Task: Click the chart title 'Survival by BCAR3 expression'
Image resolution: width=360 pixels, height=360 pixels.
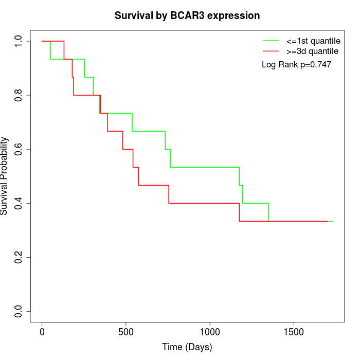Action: click(187, 15)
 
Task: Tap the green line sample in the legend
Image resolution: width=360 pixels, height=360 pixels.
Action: click(271, 40)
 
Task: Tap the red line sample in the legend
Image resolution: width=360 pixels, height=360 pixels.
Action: click(271, 51)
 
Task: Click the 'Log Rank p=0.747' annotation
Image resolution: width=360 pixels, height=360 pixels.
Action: click(296, 65)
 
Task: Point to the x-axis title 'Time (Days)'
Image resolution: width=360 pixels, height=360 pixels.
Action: click(187, 347)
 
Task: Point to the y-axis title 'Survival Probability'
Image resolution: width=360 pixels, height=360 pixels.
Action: click(5, 176)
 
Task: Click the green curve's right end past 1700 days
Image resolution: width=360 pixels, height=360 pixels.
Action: click(331, 221)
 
